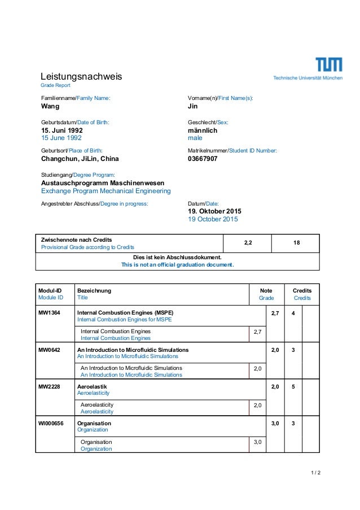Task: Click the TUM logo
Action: point(328,65)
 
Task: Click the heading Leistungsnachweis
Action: point(81,76)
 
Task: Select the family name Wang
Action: point(51,106)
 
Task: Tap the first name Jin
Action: point(192,106)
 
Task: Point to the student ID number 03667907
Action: point(203,159)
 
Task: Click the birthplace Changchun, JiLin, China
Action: point(80,159)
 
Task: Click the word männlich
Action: point(202,130)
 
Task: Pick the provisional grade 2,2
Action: point(248,243)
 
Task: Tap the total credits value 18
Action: point(296,243)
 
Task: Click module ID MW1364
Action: point(49,312)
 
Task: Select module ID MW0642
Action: point(49,350)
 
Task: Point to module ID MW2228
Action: point(49,386)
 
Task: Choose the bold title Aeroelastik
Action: point(92,386)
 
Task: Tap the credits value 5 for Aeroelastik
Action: point(293,386)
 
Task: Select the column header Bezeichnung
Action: point(94,290)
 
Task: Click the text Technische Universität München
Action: point(308,78)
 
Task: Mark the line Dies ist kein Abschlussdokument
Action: point(177,257)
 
